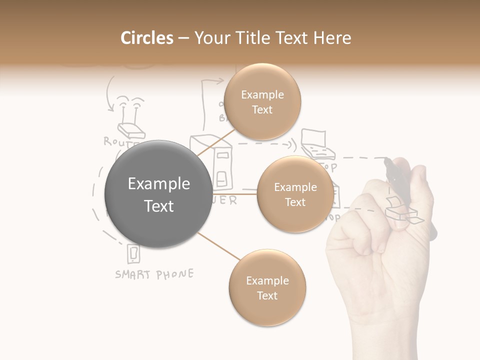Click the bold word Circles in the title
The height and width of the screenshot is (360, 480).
pyautogui.click(x=146, y=38)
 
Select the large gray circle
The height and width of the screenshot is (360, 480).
pyautogui.click(x=158, y=194)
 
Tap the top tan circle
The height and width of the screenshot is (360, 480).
pyautogui.click(x=262, y=101)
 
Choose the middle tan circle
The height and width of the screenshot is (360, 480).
pyautogui.click(x=295, y=194)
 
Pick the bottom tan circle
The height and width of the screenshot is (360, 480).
pyautogui.click(x=267, y=287)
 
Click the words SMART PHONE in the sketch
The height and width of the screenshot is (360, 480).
pyautogui.click(x=154, y=274)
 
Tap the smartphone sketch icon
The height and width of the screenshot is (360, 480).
pyautogui.click(x=133, y=254)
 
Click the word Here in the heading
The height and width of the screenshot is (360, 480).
pyautogui.click(x=333, y=38)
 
